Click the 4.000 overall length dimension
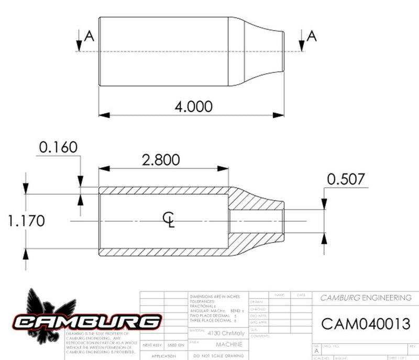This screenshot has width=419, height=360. tap(193, 106)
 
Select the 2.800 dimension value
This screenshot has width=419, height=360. tap(160, 160)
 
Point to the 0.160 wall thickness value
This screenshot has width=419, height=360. tap(58, 147)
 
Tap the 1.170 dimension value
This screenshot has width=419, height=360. tap(26, 221)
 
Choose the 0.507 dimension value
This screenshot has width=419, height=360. tap(346, 179)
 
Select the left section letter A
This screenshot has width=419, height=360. tap(89, 36)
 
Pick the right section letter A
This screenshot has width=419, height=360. tap(312, 36)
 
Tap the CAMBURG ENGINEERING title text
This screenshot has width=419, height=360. tap(366, 298)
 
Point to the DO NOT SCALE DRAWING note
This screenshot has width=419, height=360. tap(215, 356)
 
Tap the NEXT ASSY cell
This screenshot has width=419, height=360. tap(152, 345)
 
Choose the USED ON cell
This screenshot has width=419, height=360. tap(175, 345)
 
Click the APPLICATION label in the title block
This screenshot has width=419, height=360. tap(163, 356)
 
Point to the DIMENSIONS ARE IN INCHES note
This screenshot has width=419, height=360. tap(214, 297)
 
